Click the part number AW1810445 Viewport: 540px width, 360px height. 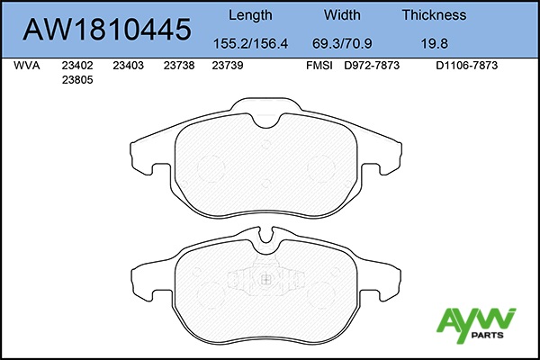coord(107,30)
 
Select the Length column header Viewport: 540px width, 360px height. coord(250,15)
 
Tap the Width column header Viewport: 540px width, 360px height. coord(342,14)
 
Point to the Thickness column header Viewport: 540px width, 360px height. coord(434,14)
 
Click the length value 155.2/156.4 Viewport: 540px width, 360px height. coord(250,44)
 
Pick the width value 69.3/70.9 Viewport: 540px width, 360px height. coord(342,44)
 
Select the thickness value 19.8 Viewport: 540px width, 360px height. coord(435,44)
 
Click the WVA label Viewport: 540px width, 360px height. coord(26,66)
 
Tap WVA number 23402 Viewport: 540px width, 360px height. coord(77,66)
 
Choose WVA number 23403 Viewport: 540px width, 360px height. coord(128,66)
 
